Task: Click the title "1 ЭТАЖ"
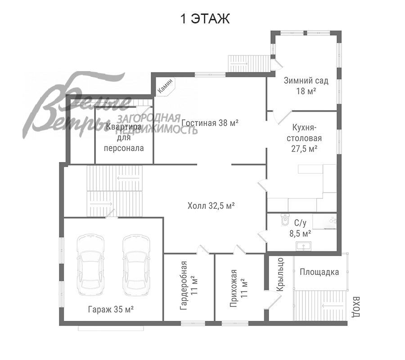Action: pyautogui.click(x=205, y=19)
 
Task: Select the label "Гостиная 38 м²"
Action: pyautogui.click(x=210, y=123)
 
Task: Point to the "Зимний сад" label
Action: pyautogui.click(x=306, y=81)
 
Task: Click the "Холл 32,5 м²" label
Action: pyautogui.click(x=211, y=206)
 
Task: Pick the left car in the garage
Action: pyautogui.click(x=90, y=265)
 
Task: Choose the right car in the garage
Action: pyautogui.click(x=136, y=265)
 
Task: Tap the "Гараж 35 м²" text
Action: pyautogui.click(x=111, y=309)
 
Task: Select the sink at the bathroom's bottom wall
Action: pyautogui.click(x=303, y=246)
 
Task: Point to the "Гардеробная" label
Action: pyautogui.click(x=184, y=285)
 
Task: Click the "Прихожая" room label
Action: pyautogui.click(x=234, y=288)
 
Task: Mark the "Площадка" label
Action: pyautogui.click(x=319, y=272)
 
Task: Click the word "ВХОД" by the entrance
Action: pyautogui.click(x=356, y=307)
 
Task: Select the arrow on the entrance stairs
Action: pyautogui.click(x=333, y=306)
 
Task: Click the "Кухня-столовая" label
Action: pyautogui.click(x=304, y=138)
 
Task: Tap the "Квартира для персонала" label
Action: pyautogui.click(x=124, y=137)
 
